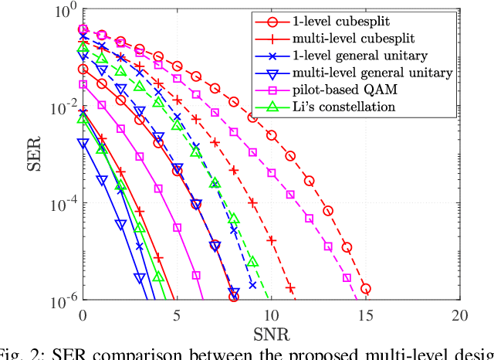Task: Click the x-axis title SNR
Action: pyautogui.click(x=272, y=335)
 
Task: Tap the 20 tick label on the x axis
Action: pyautogui.click(x=460, y=315)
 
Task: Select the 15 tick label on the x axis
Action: pyautogui.click(x=366, y=315)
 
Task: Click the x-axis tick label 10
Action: pyautogui.click(x=272, y=315)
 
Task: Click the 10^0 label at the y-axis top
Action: pyautogui.click(x=63, y=12)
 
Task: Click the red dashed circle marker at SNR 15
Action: pyautogui.click(x=366, y=289)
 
